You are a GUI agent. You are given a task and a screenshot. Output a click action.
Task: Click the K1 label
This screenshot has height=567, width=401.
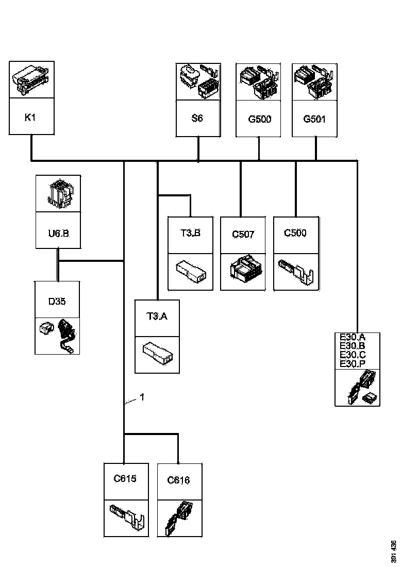[30, 118]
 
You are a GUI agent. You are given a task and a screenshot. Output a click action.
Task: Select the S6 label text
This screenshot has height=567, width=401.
[197, 118]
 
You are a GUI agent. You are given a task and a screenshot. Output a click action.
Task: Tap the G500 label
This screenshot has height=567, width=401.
[259, 119]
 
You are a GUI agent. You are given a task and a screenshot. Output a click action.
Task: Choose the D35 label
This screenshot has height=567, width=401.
[57, 302]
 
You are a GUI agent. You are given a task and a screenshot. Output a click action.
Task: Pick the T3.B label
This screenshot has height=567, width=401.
[190, 232]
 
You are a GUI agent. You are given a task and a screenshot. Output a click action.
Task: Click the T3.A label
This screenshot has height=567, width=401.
[157, 316]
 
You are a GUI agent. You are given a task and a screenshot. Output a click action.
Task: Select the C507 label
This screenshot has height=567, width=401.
[243, 235]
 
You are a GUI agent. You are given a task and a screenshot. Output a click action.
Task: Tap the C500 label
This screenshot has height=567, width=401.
[295, 233]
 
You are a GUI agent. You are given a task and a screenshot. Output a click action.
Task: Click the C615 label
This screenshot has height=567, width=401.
[125, 479]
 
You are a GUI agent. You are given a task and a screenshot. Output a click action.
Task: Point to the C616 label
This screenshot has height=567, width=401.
[178, 480]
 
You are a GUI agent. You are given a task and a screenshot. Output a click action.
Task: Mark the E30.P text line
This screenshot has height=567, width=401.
[353, 364]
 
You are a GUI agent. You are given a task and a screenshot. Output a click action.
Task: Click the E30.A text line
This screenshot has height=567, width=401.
[353, 338]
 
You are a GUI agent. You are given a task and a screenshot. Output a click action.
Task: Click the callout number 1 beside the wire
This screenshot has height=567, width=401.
[142, 397]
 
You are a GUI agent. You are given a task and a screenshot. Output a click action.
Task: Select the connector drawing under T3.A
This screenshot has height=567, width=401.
[157, 355]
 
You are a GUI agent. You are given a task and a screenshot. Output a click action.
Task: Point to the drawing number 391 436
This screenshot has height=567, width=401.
[394, 551]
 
